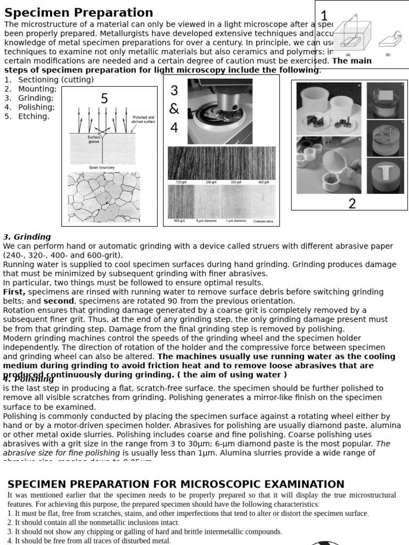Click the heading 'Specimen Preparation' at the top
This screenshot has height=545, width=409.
coord(79,13)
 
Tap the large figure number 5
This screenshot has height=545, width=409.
coord(104,98)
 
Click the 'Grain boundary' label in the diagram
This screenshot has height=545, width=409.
coord(101,168)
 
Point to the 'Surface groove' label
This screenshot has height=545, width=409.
coord(94,139)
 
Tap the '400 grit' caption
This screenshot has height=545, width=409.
coord(263,182)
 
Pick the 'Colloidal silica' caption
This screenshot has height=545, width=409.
coord(263,221)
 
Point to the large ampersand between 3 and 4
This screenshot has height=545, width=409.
coord(175,109)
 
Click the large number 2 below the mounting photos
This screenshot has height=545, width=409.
coord(352,203)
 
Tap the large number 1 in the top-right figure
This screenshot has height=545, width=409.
coord(324,16)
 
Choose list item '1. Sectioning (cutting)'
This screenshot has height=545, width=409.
coord(49,80)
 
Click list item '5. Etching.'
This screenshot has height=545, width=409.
coord(27,116)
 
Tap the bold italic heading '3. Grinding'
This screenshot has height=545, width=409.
coord(27,237)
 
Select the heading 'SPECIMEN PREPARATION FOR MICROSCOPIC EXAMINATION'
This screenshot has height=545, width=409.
coord(176,484)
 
